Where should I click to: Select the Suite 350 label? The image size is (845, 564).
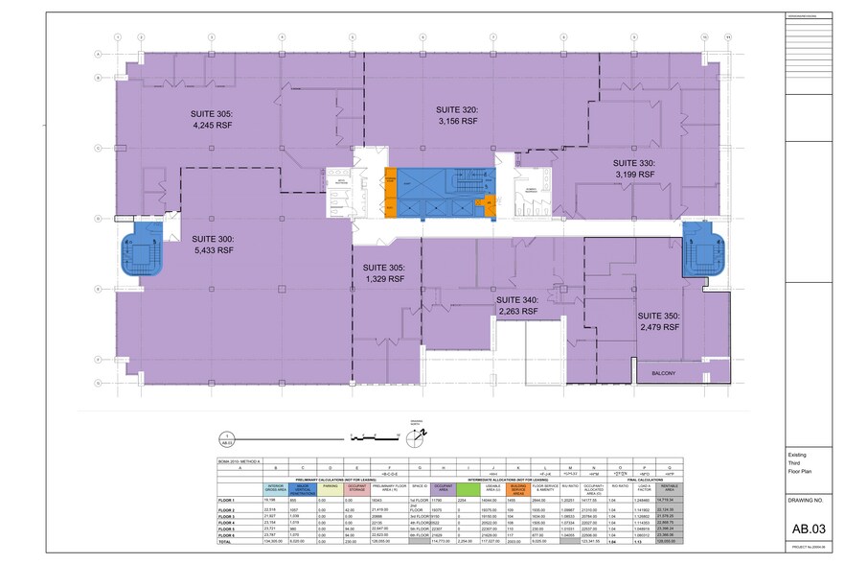659,321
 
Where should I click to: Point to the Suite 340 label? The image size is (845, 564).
517,304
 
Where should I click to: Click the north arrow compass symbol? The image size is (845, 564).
414,437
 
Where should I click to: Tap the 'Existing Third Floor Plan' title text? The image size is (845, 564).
802,463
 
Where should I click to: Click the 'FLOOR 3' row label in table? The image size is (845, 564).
226,515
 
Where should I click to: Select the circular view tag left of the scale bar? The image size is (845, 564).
227,436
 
